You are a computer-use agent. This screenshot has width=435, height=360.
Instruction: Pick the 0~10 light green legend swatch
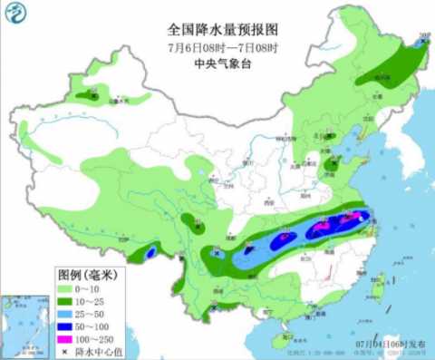click(x=19, y=287)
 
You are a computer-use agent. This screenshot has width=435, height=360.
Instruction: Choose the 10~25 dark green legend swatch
click(x=19, y=298)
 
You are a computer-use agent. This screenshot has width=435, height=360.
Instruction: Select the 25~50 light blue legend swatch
click(x=19, y=310)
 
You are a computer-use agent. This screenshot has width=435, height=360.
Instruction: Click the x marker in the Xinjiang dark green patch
click(x=90, y=93)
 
